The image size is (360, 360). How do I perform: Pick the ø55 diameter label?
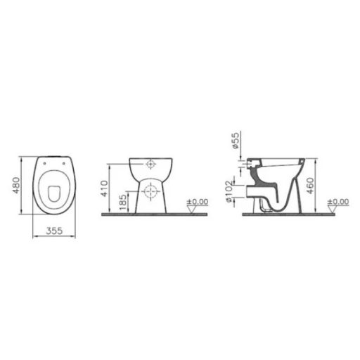237,142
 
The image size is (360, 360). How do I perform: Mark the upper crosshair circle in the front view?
150,165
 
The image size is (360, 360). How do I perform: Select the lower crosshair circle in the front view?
150,191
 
